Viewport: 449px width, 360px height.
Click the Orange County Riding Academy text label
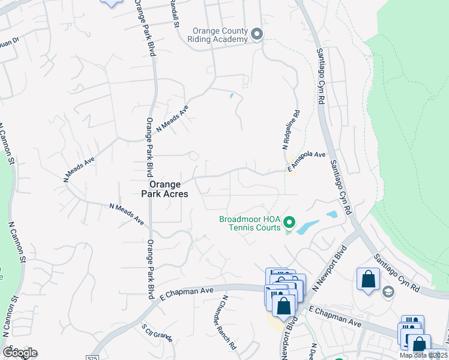pyautogui.click(x=220, y=35)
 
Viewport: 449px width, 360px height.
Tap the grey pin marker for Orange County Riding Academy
pyautogui.click(x=257, y=34)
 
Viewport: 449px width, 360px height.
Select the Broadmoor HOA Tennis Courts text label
pyautogui.click(x=250, y=223)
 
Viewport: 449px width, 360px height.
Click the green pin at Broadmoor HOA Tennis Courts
pyautogui.click(x=289, y=223)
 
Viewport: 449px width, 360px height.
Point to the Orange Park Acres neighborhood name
pyautogui.click(x=164, y=190)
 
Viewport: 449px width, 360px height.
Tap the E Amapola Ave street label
pyautogui.click(x=306, y=163)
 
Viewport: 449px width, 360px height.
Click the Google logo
pyautogui.click(x=20, y=353)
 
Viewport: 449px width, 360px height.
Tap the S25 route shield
pyautogui.click(x=91, y=358)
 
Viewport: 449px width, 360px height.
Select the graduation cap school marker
pyautogui.click(x=388, y=292)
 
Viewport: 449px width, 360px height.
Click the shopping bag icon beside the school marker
pyautogui.click(x=368, y=278)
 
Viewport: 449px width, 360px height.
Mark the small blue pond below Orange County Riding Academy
pyautogui.click(x=232, y=95)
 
